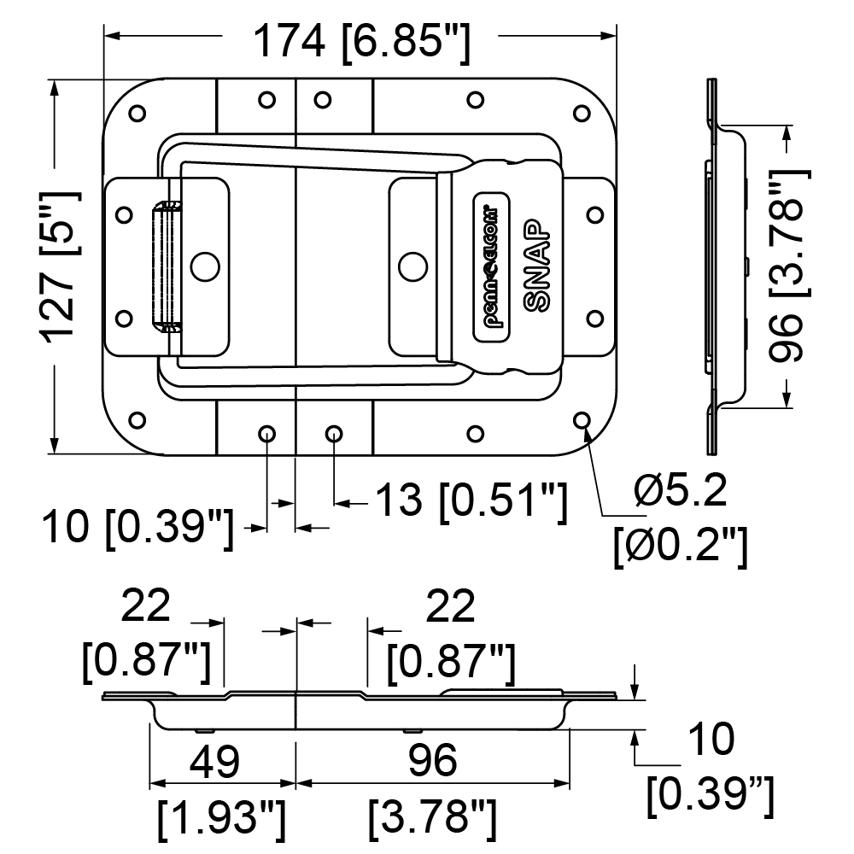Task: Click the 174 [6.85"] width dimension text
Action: tap(361, 41)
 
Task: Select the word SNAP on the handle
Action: tap(536, 266)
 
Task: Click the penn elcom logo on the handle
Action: tap(491, 266)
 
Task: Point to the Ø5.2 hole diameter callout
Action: tap(681, 490)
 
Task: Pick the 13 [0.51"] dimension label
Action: tap(471, 500)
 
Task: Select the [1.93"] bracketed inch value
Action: tap(222, 820)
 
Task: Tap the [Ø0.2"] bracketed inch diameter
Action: tap(681, 547)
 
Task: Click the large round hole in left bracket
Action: tap(205, 266)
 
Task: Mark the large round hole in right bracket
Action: tap(412, 266)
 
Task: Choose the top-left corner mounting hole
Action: tap(137, 114)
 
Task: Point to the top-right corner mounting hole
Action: tap(582, 114)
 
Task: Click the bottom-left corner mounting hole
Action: tap(137, 420)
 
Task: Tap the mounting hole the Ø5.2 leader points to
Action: tap(582, 420)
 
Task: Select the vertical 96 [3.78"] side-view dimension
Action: tap(789, 266)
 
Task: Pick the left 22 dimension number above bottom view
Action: tap(145, 605)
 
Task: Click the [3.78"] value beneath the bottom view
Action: tap(432, 820)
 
